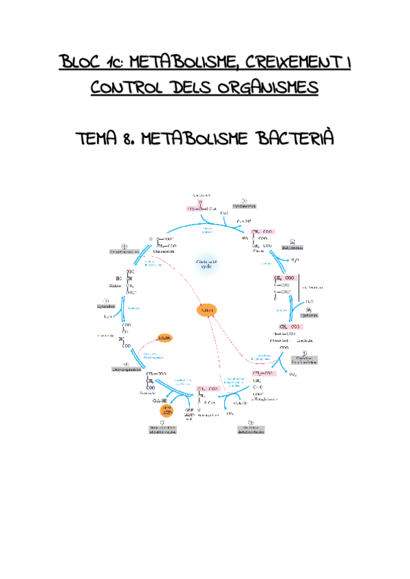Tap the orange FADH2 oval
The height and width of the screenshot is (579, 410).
pos(164,339)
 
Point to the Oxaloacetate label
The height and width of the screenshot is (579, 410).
pos(165,251)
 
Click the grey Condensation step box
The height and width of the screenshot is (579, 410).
pos(244,204)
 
